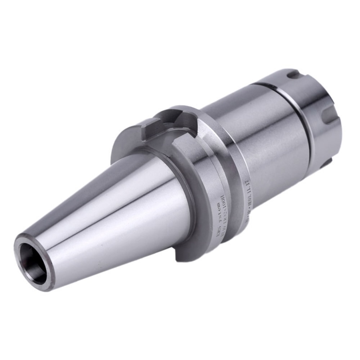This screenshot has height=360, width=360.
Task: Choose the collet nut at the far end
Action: click(313, 119)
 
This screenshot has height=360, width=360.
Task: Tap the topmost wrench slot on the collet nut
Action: click(293, 75)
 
